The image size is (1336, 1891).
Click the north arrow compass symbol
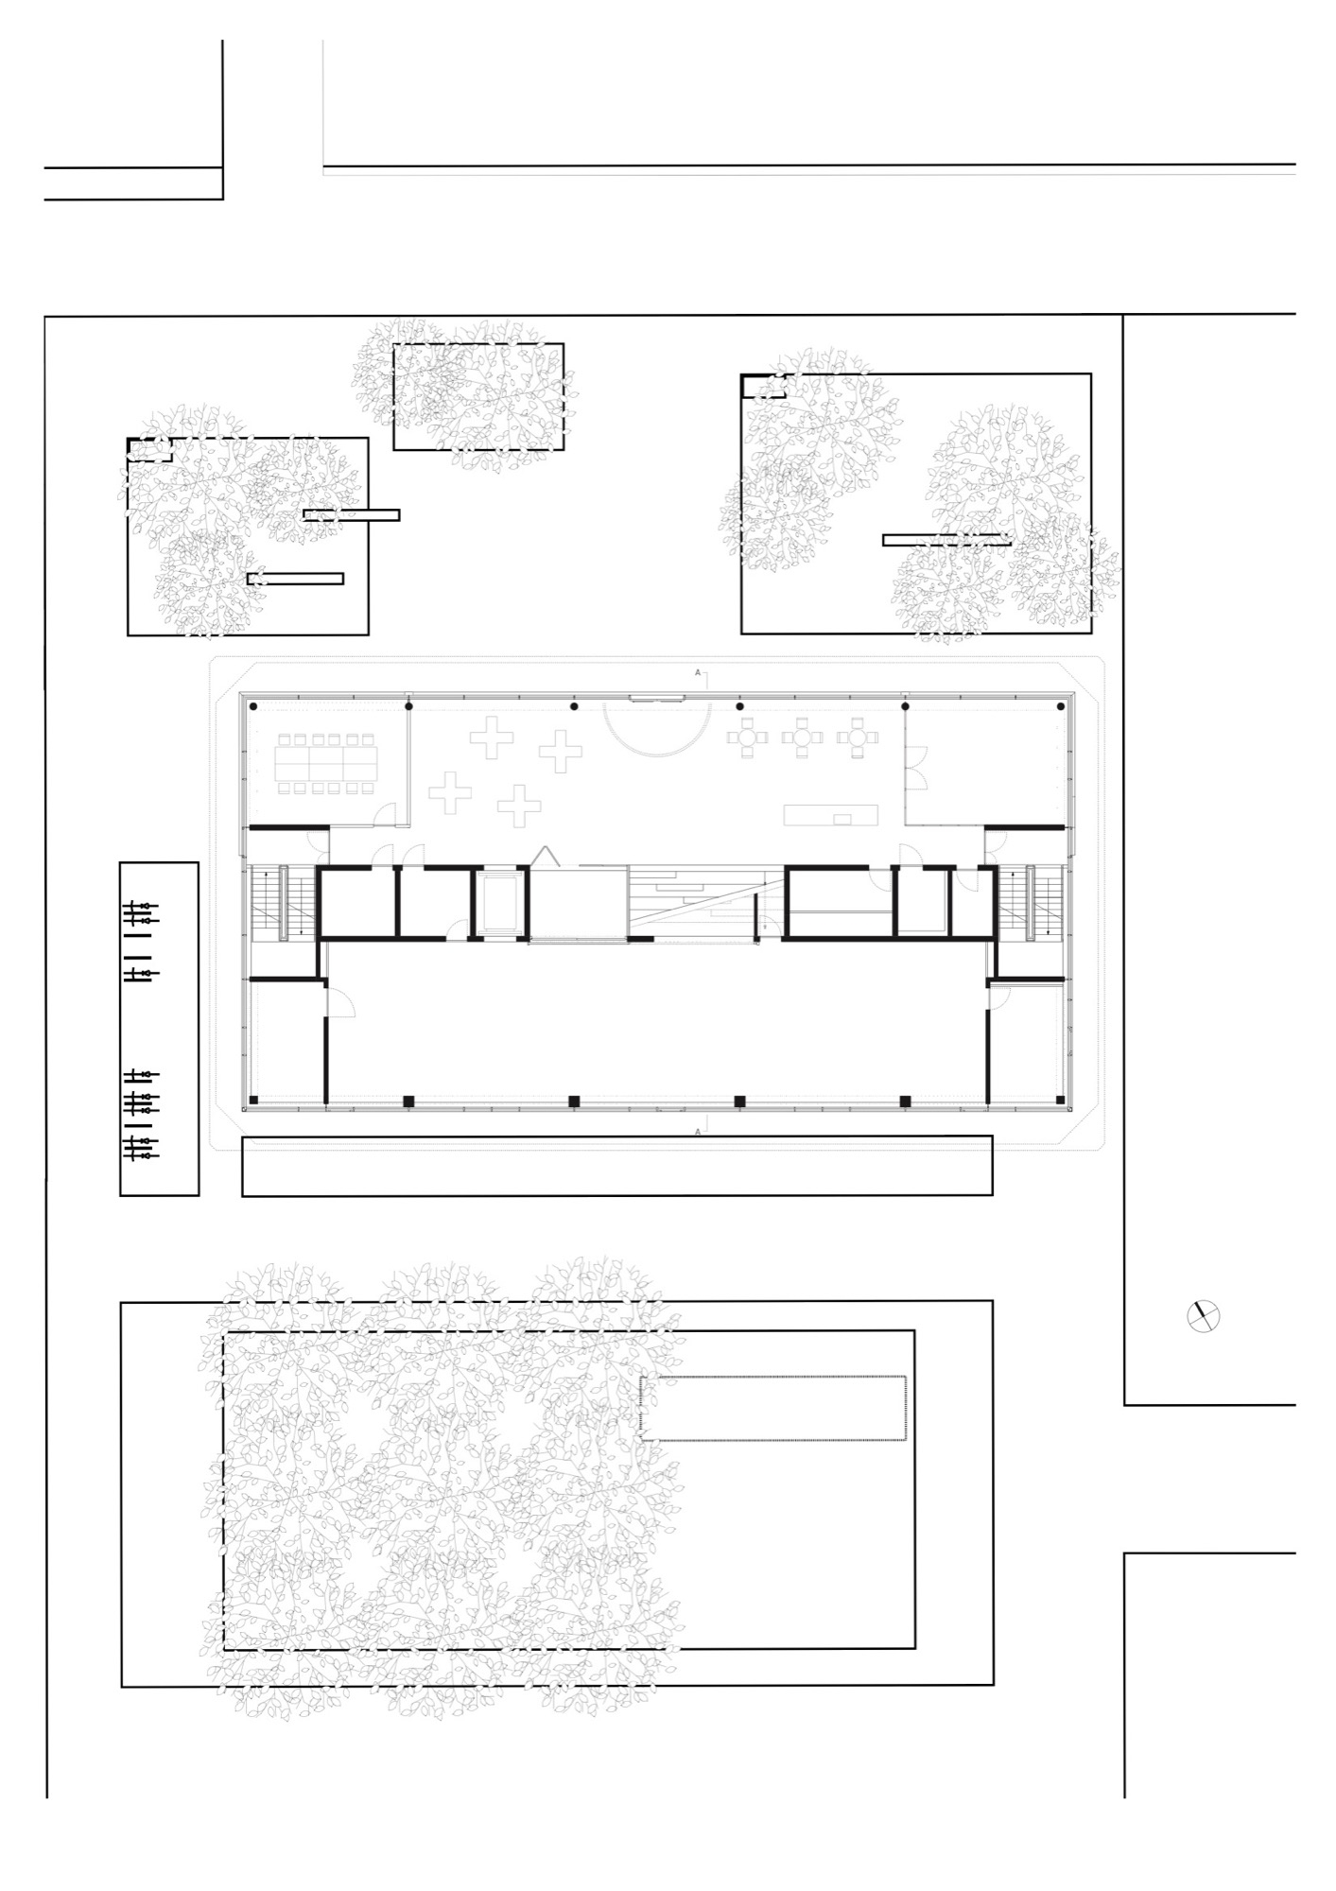point(1204,1316)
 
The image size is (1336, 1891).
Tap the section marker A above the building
point(699,672)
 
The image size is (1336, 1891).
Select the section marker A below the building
point(698,1131)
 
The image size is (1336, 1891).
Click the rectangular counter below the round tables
point(830,815)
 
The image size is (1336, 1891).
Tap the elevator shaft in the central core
point(499,902)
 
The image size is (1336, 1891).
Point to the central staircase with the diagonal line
point(704,902)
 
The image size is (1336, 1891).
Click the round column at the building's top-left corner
point(253,706)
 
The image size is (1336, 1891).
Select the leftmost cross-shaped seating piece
point(449,791)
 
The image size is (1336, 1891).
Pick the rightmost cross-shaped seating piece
point(561,752)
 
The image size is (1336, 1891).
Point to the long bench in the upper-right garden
point(946,540)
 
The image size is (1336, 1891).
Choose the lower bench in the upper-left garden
point(295,579)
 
